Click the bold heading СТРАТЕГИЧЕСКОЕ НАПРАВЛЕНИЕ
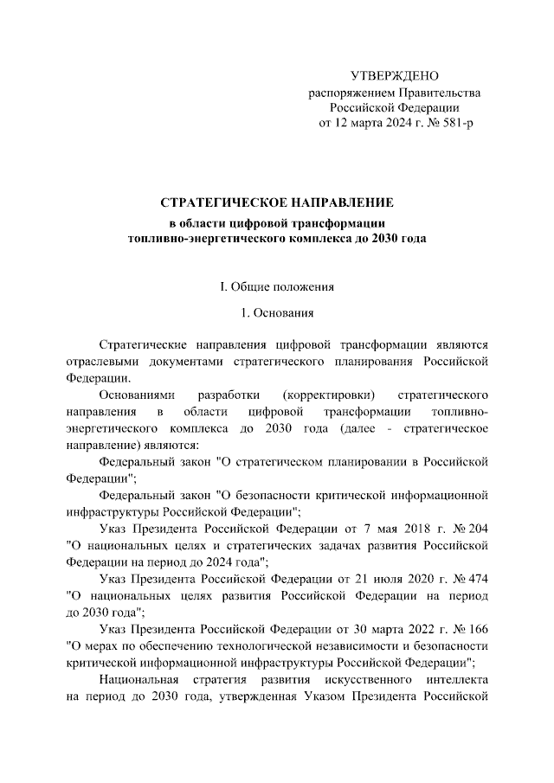(277, 202)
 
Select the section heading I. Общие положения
(277, 286)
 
